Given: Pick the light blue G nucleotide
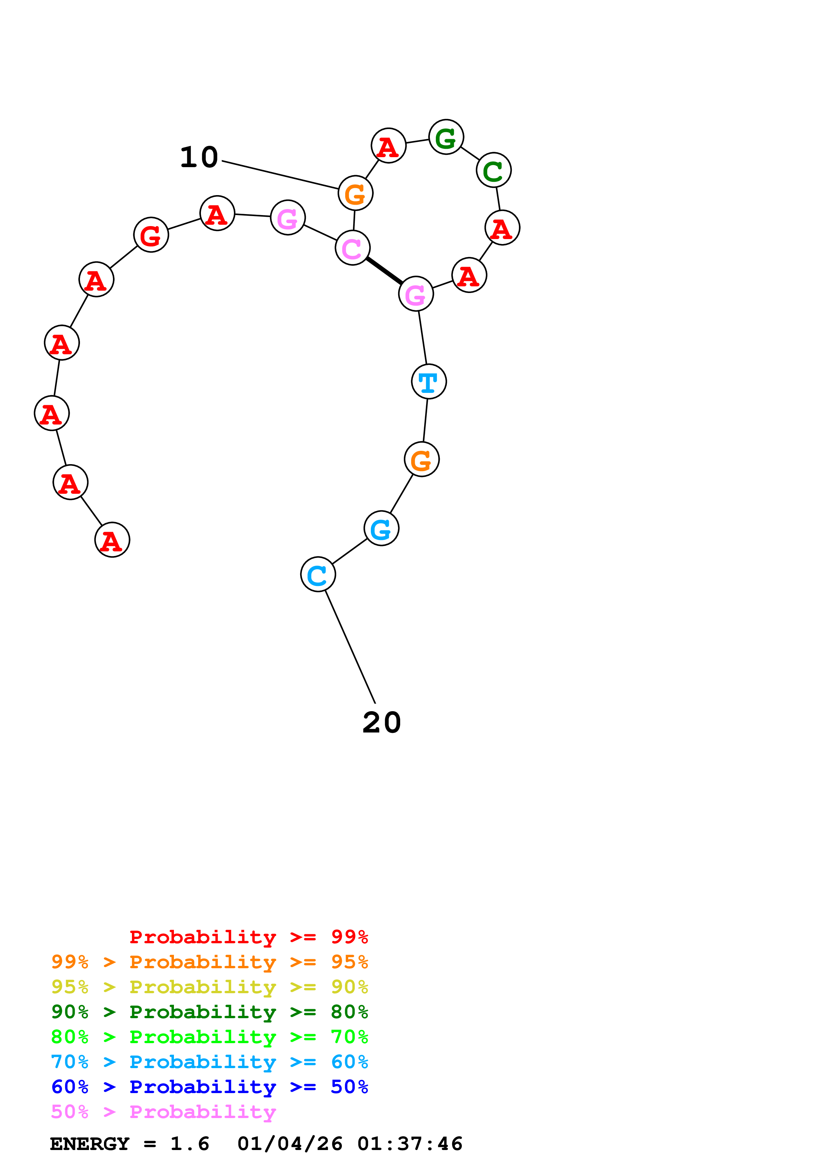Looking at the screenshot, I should pyautogui.click(x=381, y=528).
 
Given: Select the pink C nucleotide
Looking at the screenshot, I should pyautogui.click(x=352, y=248).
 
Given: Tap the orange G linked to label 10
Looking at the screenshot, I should pyautogui.click(x=355, y=193).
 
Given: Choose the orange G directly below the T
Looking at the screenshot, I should pyautogui.click(x=421, y=459).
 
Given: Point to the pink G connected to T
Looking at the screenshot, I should pyautogui.click(x=416, y=294).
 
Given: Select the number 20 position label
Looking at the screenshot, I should pyautogui.click(x=382, y=723).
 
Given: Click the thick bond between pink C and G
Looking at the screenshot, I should pyautogui.click(x=384, y=271).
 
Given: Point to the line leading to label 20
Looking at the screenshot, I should pyautogui.click(x=350, y=647).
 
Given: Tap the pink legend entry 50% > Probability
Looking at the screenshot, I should pyautogui.click(x=163, y=1111).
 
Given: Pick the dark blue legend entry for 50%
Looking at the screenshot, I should pyautogui.click(x=210, y=1087).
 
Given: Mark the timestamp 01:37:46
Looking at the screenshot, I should pyautogui.click(x=410, y=1144).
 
